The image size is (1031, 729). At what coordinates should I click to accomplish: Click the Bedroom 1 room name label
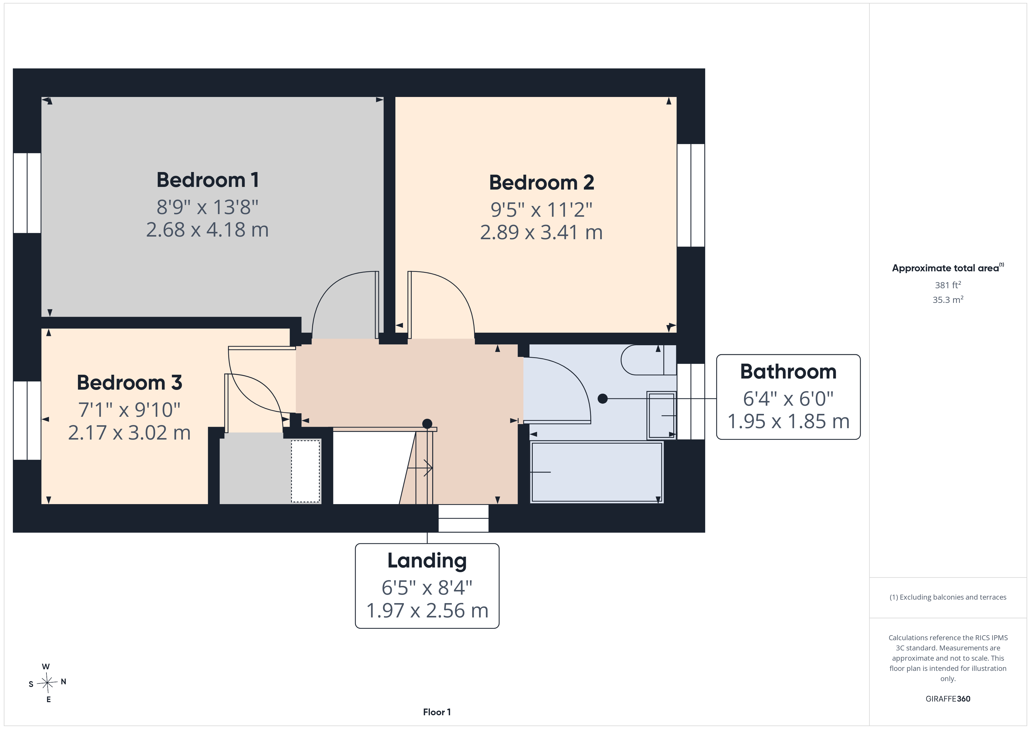tap(207, 180)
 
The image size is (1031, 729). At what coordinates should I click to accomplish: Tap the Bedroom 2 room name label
tap(542, 183)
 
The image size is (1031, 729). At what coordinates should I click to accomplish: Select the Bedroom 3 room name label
tap(129, 383)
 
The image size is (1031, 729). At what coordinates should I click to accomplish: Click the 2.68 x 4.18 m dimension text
tap(207, 230)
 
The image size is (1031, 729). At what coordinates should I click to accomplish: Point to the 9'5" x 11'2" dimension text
tap(542, 210)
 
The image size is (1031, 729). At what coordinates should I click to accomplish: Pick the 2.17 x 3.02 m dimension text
tap(129, 433)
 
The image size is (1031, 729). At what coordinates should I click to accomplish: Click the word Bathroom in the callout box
tap(788, 372)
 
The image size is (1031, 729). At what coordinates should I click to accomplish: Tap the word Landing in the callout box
tap(427, 561)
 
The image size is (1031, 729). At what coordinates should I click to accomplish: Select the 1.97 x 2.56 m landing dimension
tap(427, 610)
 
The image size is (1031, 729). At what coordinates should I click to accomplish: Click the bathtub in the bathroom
tap(597, 472)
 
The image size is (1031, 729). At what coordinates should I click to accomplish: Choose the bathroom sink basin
tap(661, 415)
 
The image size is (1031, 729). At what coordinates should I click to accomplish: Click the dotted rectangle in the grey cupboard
tap(306, 471)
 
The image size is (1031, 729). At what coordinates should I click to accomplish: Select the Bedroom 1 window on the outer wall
tap(27, 193)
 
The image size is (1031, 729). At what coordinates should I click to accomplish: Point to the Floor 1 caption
tap(437, 712)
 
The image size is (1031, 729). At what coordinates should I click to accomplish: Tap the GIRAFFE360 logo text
tap(948, 699)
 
